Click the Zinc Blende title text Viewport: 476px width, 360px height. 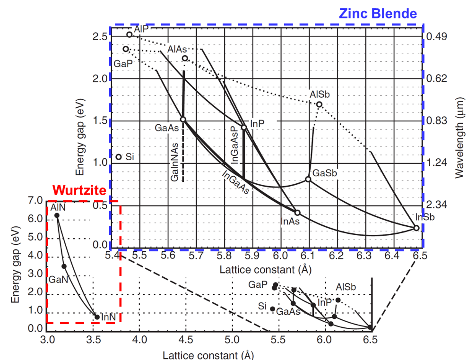(378, 14)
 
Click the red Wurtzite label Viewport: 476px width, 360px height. (79, 190)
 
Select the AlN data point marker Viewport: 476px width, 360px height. (57, 215)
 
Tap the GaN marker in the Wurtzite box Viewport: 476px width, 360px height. (64, 266)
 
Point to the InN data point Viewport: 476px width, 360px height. (97, 317)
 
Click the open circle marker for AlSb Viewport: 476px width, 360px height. (319, 104)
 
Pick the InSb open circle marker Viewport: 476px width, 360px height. (416, 228)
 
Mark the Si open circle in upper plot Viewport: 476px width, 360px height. (118, 157)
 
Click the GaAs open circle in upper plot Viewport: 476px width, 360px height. (183, 119)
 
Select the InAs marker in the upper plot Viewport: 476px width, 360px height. (297, 213)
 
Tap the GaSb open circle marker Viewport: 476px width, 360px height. (308, 179)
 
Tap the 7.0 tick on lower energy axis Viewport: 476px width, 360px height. (36, 201)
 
